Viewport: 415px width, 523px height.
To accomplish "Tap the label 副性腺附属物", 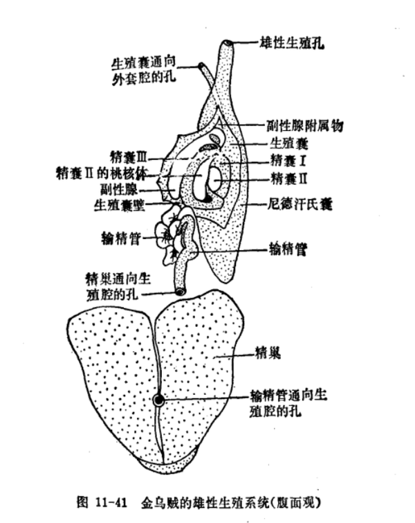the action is [x=305, y=126].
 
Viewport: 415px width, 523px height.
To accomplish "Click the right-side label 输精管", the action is [x=288, y=249].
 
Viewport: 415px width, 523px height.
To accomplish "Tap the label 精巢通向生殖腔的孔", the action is [x=117, y=285].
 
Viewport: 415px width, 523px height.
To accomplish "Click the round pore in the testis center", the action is [x=159, y=400].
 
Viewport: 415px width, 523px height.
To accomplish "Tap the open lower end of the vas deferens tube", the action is [x=181, y=292].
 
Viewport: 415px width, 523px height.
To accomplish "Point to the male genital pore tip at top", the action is [x=228, y=44].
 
